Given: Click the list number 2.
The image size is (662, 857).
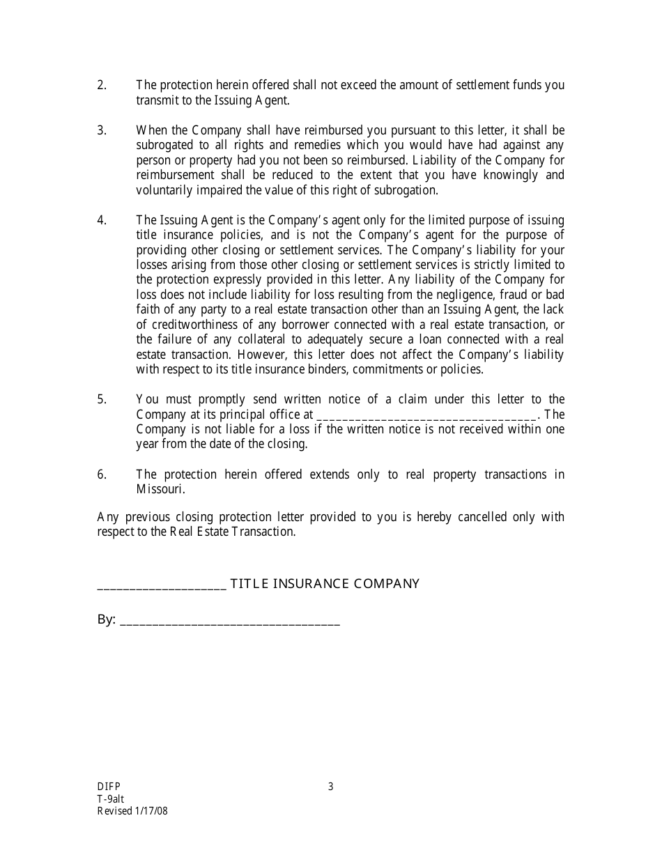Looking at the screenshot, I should tap(101, 85).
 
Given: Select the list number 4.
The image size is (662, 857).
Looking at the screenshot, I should tap(101, 220).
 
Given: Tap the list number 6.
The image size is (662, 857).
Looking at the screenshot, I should tap(101, 474).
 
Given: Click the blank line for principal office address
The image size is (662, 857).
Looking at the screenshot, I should tap(426, 415).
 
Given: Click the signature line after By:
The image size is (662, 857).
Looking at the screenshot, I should tap(230, 621).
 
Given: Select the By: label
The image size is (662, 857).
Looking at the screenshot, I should tap(106, 620).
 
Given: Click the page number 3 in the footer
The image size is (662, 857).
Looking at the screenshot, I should tap(331, 787).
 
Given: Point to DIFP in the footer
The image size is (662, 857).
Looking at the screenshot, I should tap(109, 787).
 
